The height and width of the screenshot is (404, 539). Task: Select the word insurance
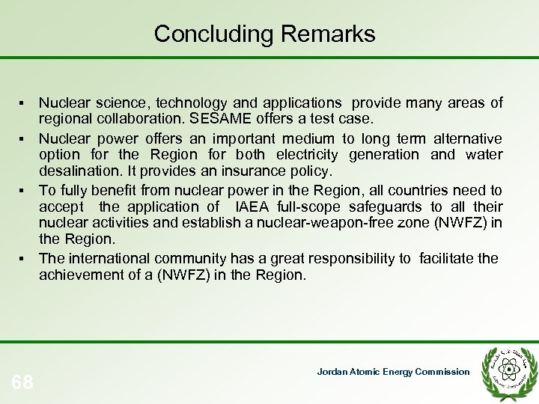[x=252, y=172]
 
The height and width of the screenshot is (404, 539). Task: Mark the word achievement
[x=80, y=275]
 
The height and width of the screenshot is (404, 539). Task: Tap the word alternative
[x=465, y=138]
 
